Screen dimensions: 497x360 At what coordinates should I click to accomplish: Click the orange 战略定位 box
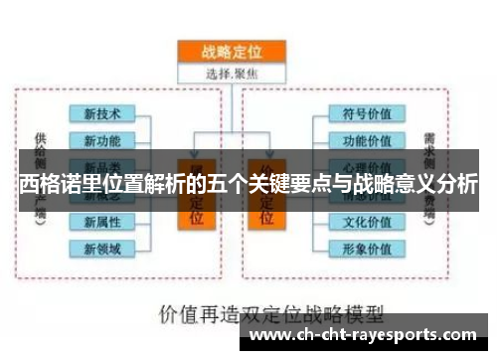231,52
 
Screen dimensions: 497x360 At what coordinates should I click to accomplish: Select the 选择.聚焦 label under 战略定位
231,73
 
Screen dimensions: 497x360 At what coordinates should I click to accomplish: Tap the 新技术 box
103,114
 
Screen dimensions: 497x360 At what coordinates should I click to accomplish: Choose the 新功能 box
103,140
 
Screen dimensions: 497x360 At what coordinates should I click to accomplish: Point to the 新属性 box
103,221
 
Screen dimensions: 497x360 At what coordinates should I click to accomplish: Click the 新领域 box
103,247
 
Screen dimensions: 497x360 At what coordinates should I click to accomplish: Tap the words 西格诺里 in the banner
61,184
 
